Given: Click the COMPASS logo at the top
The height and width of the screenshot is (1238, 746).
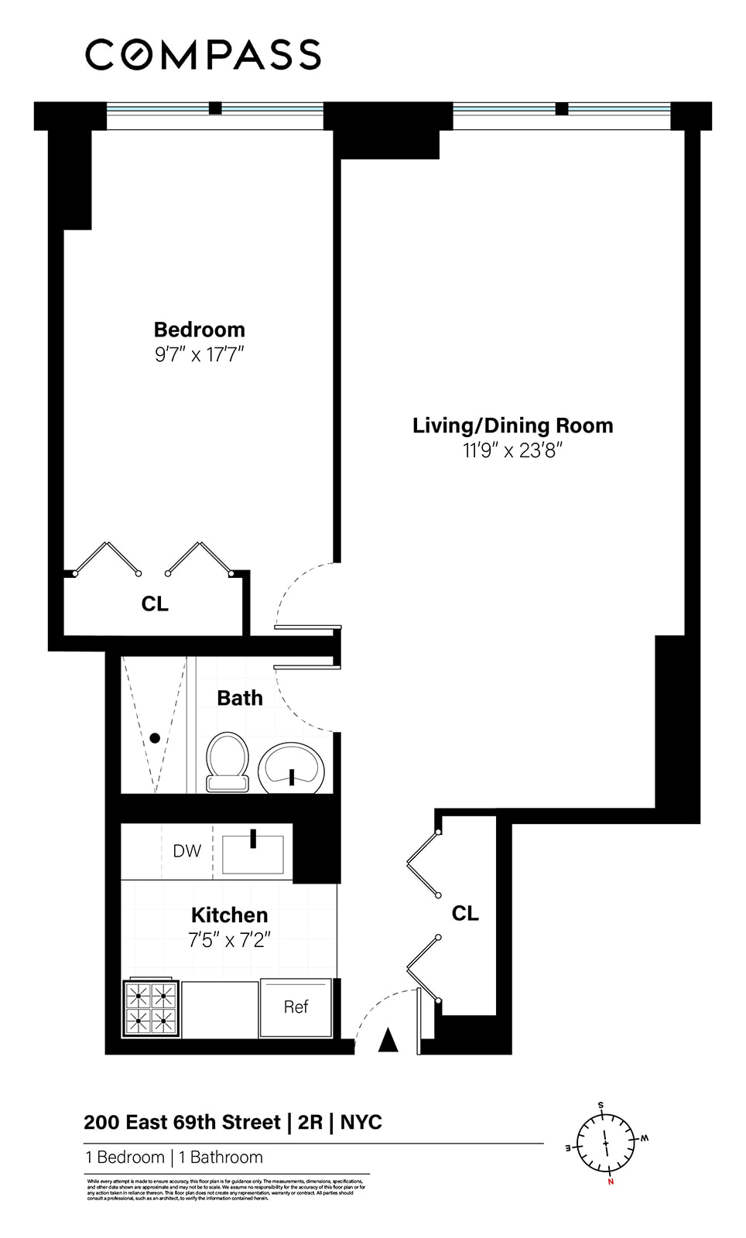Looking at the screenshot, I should click(x=203, y=55).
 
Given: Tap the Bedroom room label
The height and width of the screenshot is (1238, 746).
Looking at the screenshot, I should click(x=199, y=330).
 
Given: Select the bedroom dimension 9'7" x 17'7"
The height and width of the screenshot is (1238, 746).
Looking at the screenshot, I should click(x=199, y=355).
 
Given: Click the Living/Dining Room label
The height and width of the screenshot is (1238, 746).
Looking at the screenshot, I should click(x=512, y=426).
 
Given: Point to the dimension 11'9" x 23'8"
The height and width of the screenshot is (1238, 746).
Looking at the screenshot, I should click(x=512, y=450).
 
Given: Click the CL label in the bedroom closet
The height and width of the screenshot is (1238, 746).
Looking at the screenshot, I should click(x=155, y=604).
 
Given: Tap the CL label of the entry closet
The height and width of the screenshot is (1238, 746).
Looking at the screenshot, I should click(x=465, y=914).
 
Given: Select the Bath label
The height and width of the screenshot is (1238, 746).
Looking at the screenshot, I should click(x=239, y=698).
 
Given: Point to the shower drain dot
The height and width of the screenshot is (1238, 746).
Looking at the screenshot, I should click(x=155, y=738).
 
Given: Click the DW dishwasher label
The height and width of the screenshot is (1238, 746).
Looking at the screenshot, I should click(x=186, y=851).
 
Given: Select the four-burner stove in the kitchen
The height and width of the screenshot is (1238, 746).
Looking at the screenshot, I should click(x=151, y=1009).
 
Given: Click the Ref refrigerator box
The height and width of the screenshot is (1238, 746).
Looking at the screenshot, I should click(x=296, y=1007).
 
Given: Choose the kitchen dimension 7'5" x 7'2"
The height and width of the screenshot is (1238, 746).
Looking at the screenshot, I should click(x=229, y=941).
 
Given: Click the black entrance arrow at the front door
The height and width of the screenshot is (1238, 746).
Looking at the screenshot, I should click(x=388, y=1041).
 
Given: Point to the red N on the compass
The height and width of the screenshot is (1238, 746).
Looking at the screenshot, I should click(x=611, y=1182).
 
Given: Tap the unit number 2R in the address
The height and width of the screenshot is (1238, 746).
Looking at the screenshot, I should click(x=310, y=1122).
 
